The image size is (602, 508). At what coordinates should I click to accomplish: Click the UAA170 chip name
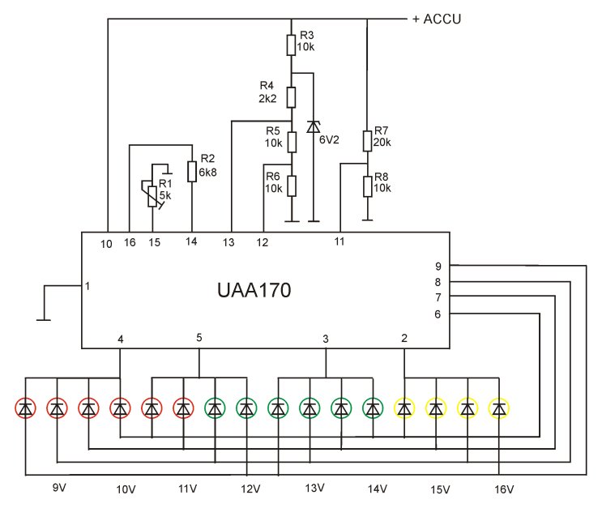254,290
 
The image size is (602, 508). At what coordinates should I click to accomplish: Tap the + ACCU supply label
437,19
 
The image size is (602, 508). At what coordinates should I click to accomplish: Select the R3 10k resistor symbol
292,45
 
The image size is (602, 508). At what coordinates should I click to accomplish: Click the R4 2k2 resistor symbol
292,97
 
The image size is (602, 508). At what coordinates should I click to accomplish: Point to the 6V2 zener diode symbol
314,126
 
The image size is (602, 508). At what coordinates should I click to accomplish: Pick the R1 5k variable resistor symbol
152,196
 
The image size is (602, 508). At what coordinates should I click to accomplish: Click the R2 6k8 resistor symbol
192,171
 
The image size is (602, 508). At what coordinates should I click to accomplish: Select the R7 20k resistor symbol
367,141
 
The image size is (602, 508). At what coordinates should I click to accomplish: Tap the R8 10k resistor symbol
367,186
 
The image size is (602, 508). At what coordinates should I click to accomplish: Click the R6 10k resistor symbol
292,186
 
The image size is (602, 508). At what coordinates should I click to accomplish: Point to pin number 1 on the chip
88,286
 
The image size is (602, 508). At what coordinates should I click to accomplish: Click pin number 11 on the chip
339,241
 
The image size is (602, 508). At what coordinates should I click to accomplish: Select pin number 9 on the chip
438,266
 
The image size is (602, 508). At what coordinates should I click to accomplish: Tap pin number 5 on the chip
199,338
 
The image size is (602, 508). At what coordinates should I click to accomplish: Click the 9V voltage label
59,488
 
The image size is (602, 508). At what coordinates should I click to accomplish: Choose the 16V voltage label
504,489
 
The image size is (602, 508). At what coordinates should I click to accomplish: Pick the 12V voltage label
250,489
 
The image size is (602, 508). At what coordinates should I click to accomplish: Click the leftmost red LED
26,408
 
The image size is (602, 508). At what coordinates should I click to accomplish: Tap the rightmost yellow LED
499,408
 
